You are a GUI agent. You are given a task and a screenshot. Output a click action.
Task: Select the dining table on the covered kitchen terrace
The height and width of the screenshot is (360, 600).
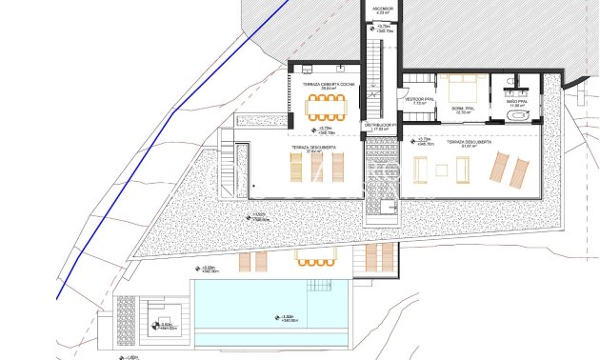(x=328, y=106)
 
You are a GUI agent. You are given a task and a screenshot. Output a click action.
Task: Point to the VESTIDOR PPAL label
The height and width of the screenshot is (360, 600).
(x=420, y=98)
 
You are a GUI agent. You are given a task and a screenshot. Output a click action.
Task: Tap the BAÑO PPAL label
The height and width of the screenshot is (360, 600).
(x=517, y=102)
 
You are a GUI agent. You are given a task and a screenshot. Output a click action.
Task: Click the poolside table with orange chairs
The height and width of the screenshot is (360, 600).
(x=311, y=257)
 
